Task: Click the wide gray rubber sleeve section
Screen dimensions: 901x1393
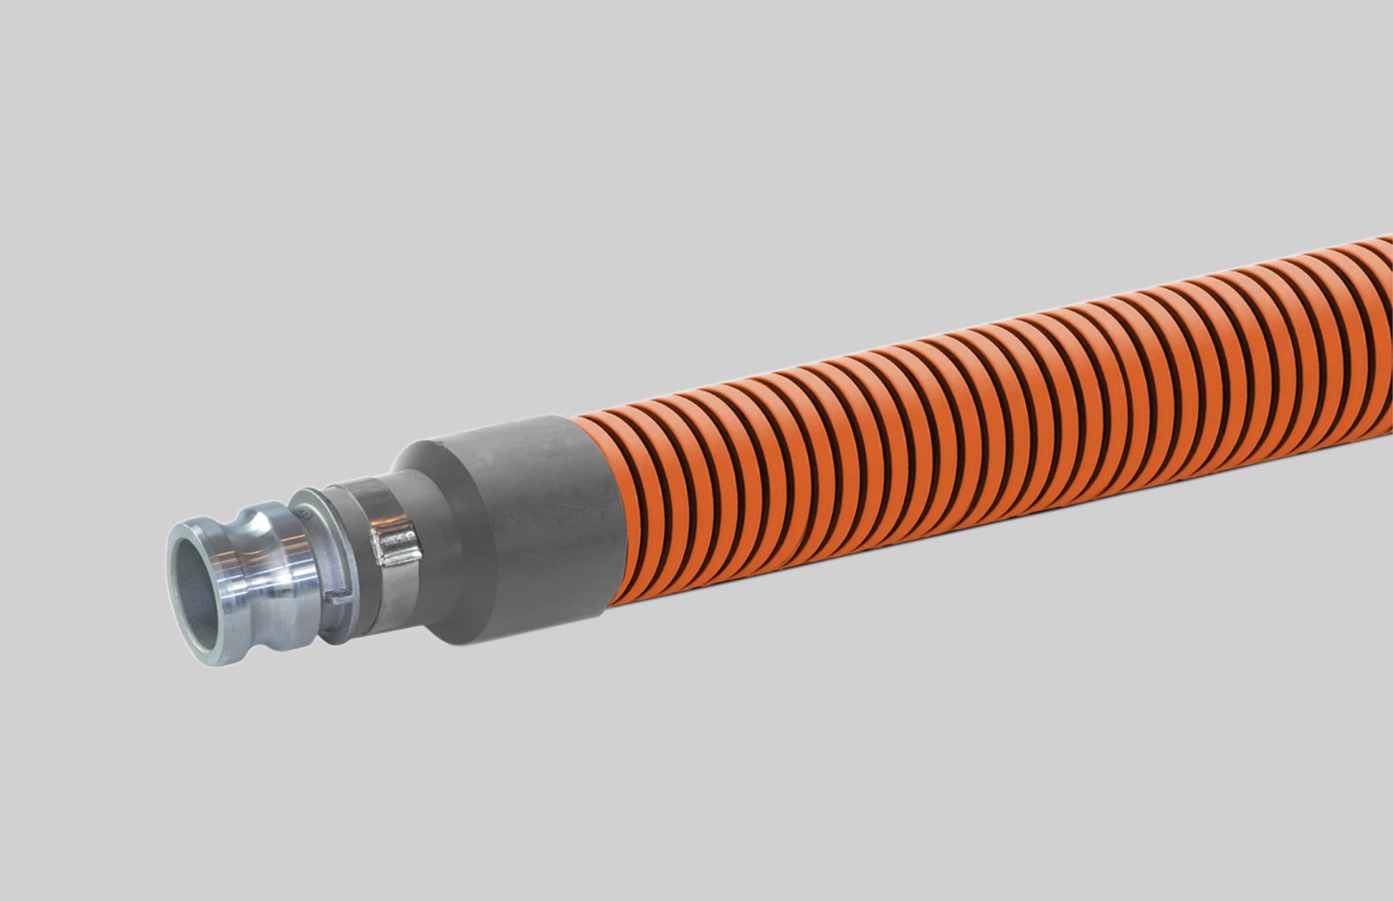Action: pyautogui.click(x=529, y=529)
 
